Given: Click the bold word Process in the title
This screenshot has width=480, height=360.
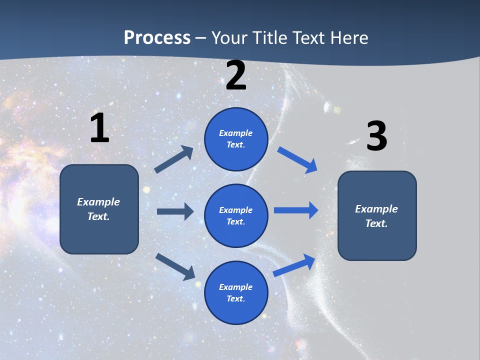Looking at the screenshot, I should (x=157, y=37).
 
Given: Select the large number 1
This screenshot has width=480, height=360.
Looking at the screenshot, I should (x=99, y=128).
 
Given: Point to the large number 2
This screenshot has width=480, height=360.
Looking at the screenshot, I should (x=236, y=75).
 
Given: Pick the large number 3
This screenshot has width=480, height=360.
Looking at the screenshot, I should (x=376, y=136).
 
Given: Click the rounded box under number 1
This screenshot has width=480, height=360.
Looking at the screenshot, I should (x=99, y=209).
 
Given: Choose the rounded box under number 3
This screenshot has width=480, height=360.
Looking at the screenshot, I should (x=377, y=215).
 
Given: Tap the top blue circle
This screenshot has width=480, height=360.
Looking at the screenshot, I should (x=236, y=139).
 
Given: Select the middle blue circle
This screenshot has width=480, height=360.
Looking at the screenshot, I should (x=236, y=215).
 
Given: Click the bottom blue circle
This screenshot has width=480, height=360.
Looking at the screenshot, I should (x=236, y=292).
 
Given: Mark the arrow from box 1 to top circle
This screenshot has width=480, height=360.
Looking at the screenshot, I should (x=174, y=159).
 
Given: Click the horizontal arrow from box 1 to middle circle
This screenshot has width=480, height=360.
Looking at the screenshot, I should (x=175, y=211).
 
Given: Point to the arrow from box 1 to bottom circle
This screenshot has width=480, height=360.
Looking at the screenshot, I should (x=175, y=266).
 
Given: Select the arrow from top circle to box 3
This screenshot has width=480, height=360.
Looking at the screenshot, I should (x=298, y=160).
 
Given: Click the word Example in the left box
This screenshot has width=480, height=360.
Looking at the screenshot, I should (x=98, y=202).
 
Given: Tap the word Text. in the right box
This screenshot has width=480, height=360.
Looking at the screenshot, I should (x=376, y=223).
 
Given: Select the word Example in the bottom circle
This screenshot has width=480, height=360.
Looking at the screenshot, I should (x=235, y=287).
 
